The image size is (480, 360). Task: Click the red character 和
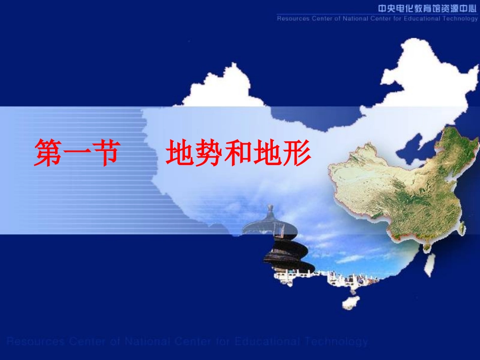(238, 153)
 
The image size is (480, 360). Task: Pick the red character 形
(296, 153)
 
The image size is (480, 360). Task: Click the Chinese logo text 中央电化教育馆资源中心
(428, 8)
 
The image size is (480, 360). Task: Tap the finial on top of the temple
(271, 209)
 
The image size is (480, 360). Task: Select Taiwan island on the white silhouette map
(429, 265)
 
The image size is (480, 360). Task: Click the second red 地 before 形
(267, 153)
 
